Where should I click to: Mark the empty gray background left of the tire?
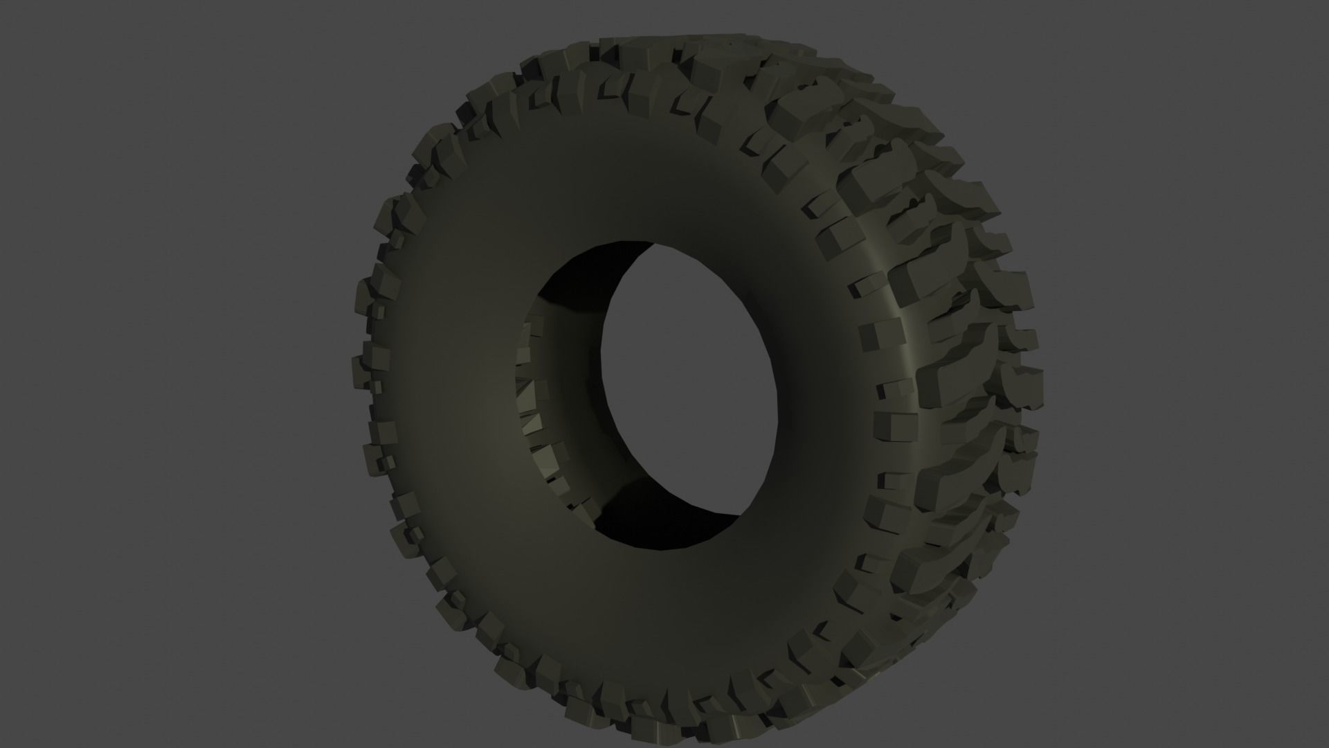(173, 374)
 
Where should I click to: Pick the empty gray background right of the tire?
(1177, 374)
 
